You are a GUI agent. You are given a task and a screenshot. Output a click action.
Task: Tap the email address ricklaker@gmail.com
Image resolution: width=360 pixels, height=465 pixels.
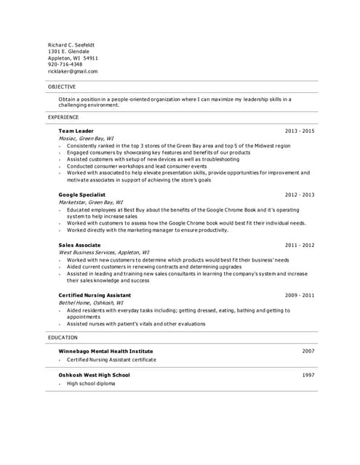pos(73,71)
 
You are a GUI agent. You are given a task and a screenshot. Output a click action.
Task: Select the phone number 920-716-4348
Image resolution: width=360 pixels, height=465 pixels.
pos(65,65)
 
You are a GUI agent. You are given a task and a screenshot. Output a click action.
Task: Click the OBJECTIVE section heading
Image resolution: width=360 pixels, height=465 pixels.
pos(62,87)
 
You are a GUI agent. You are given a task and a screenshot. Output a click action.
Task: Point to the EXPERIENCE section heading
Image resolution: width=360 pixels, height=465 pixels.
pos(63,117)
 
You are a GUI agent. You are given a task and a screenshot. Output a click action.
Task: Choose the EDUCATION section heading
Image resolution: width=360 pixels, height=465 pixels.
pos(63,338)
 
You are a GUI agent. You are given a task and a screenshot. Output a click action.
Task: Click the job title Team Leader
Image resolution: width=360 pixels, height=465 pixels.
pos(76,131)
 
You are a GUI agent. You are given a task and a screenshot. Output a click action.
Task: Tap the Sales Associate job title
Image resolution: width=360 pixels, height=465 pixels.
pos(80,246)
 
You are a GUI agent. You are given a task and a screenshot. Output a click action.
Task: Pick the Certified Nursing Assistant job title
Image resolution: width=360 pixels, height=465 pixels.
pos(95,296)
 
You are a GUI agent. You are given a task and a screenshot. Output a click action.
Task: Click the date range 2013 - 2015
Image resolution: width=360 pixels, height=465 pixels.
pos(300,131)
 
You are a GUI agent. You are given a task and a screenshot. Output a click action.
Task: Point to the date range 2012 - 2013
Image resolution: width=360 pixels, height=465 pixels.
pos(300,195)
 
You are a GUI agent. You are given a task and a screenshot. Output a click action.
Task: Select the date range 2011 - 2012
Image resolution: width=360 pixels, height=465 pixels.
pos(300,246)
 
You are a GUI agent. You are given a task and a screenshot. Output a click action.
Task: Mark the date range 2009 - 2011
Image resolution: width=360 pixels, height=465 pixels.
pos(300,296)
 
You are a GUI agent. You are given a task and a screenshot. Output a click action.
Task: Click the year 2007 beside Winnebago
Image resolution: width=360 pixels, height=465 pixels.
pos(308,351)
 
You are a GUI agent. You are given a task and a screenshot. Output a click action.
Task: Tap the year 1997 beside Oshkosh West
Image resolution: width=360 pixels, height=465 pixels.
pos(308,375)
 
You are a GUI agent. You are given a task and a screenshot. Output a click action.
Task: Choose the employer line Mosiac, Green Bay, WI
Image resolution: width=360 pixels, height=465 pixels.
pos(86,138)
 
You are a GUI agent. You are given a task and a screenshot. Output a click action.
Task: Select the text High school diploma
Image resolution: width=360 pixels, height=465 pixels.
pos(91,384)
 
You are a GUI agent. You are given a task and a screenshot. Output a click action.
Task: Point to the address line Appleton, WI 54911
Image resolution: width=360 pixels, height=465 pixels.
pos(73,58)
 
